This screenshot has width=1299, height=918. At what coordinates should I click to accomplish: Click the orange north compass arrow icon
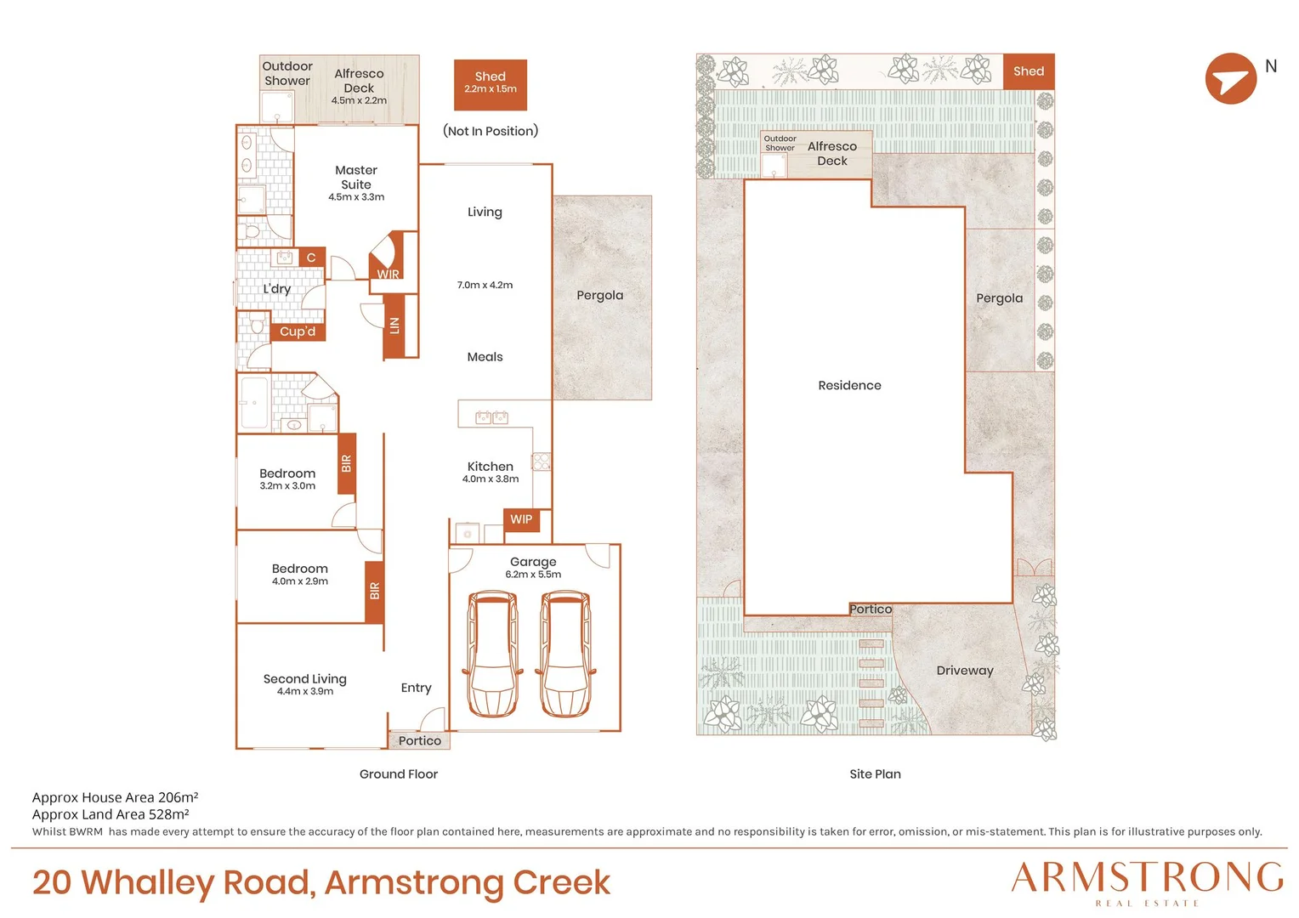pyautogui.click(x=1231, y=79)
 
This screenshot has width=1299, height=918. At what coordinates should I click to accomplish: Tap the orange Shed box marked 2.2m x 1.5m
pyautogui.click(x=490, y=85)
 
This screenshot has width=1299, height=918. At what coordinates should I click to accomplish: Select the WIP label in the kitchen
pyautogui.click(x=521, y=519)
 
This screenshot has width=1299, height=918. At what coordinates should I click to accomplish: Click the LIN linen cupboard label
pyautogui.click(x=394, y=326)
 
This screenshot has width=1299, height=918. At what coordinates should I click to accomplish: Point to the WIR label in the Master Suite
pyautogui.click(x=388, y=274)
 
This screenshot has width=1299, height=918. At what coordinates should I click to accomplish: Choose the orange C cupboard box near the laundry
pyautogui.click(x=311, y=258)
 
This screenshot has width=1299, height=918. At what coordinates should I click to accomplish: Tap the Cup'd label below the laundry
pyautogui.click(x=298, y=331)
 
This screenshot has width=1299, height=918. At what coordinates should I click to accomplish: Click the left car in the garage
pyautogui.click(x=492, y=654)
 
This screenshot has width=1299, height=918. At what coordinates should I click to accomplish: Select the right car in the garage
pyautogui.click(x=565, y=654)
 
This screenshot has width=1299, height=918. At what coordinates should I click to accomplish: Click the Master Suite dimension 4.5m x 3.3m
pyautogui.click(x=356, y=196)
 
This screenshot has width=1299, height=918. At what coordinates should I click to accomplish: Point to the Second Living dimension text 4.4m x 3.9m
pyautogui.click(x=305, y=691)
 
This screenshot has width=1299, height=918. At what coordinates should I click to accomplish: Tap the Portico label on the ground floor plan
pyautogui.click(x=419, y=740)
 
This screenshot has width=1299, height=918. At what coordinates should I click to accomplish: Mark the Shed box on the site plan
pyautogui.click(x=1029, y=71)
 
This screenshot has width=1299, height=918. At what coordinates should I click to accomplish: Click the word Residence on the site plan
pyautogui.click(x=849, y=385)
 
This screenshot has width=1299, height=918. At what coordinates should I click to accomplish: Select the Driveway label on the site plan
pyautogui.click(x=965, y=671)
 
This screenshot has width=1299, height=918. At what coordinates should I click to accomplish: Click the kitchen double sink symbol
pyautogui.click(x=491, y=416)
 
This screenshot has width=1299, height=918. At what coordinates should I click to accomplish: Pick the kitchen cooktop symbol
pyautogui.click(x=542, y=461)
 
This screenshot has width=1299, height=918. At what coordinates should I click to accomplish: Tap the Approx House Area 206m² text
pyautogui.click(x=115, y=797)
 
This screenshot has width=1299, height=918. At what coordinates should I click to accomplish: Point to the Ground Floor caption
pyautogui.click(x=399, y=773)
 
